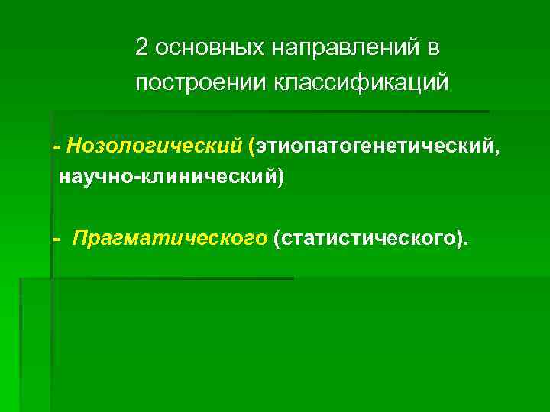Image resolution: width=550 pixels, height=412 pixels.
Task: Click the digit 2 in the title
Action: coord(141,48)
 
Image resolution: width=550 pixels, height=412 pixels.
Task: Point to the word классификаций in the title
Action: coord(362,82)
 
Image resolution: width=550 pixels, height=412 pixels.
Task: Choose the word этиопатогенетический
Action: coord(374,145)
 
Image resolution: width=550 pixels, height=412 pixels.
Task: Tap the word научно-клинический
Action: coord(168,178)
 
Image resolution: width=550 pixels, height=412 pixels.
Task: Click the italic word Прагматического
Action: coord(170,241)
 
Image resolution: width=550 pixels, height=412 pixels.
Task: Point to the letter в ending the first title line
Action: coord(433,49)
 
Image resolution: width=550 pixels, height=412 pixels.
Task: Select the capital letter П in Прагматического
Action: coord(79,240)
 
